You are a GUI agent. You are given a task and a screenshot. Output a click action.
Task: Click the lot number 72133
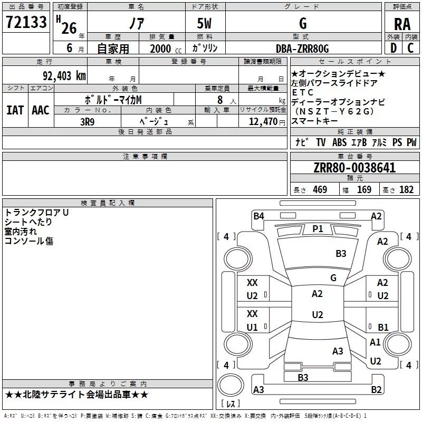[26, 22]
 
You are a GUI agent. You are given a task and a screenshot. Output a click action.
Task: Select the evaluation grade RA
[402, 24]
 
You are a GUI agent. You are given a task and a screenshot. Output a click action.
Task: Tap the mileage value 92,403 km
[64, 76]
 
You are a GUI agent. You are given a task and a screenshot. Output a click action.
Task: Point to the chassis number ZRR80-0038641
[354, 168]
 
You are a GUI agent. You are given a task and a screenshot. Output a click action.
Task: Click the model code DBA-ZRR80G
[302, 49]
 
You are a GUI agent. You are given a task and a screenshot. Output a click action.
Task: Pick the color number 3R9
[87, 122]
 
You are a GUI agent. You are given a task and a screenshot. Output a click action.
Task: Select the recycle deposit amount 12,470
[263, 122]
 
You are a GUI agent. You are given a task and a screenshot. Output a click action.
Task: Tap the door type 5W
[204, 23]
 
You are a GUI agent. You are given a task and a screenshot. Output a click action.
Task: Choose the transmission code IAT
[15, 110]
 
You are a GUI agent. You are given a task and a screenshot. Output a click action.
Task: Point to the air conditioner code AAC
[41, 110]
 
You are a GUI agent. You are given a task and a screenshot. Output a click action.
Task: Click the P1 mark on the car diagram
[318, 229]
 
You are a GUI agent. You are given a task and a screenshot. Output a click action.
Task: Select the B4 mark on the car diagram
[258, 216]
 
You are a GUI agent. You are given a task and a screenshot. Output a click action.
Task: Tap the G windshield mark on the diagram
[333, 277]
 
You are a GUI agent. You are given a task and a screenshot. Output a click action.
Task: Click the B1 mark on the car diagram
[383, 327]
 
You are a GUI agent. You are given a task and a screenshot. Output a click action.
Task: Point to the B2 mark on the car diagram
[376, 389]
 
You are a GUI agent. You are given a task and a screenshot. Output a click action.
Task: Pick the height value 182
[406, 189]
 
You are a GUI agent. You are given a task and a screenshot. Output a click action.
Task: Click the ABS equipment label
[339, 142]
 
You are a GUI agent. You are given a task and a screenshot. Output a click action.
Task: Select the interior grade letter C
[410, 48]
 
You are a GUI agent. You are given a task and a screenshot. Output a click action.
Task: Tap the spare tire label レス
[231, 404]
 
